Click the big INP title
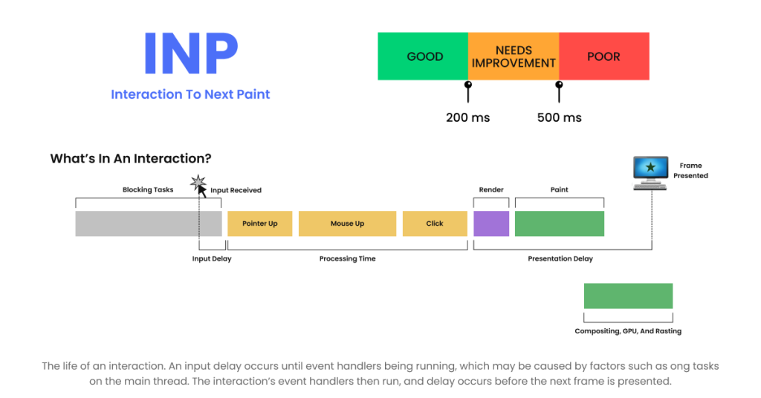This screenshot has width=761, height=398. tap(191, 53)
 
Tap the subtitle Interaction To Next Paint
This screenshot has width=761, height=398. tap(190, 94)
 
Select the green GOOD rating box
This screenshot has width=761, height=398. tap(423, 56)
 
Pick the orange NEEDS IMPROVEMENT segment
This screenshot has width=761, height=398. tap(514, 56)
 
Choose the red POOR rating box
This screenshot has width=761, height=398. tap(604, 56)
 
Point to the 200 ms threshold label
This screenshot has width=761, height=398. tap(468, 118)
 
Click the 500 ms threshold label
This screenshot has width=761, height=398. tap(559, 118)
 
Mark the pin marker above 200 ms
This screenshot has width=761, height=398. tap(468, 91)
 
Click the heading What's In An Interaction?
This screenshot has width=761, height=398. tap(131, 158)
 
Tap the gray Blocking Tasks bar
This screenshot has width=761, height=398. tap(149, 224)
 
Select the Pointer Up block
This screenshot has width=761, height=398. tap(259, 224)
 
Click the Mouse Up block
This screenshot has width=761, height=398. tap(347, 224)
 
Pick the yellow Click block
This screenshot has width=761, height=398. tap(435, 224)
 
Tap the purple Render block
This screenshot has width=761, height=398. tap(491, 224)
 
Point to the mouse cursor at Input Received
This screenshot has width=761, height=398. tap(201, 191)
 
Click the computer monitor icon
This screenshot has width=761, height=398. tap(650, 173)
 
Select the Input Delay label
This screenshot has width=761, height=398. tap(212, 259)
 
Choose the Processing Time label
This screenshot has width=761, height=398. tap(348, 259)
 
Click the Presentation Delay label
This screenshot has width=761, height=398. tap(560, 259)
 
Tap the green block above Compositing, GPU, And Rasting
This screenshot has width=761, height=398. tap(628, 296)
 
